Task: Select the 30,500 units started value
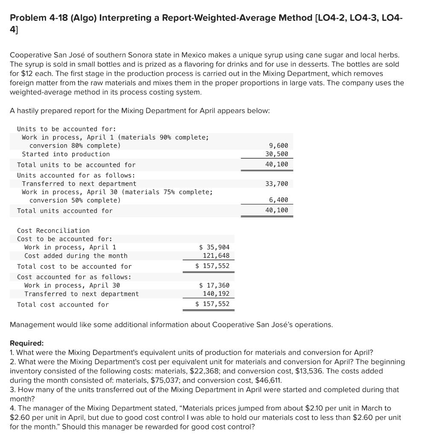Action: click(x=277, y=154)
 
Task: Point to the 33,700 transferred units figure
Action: click(x=277, y=184)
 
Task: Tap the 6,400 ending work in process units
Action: click(x=279, y=200)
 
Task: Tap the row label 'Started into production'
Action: click(x=66, y=154)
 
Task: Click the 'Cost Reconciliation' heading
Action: click(x=53, y=230)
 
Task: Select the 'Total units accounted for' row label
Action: click(x=65, y=210)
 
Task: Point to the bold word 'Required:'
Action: click(x=26, y=343)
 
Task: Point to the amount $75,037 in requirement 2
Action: click(x=167, y=381)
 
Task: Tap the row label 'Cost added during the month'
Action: click(x=76, y=256)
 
